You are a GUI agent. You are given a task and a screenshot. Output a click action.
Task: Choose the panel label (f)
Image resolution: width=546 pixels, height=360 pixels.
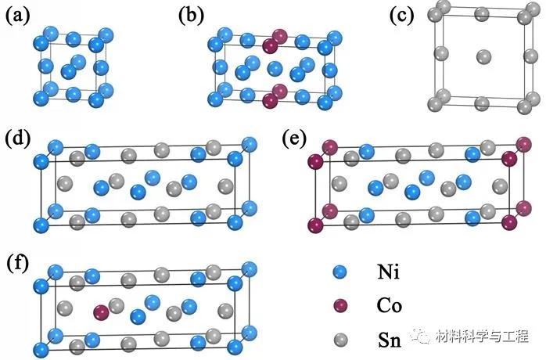[x=18, y=261]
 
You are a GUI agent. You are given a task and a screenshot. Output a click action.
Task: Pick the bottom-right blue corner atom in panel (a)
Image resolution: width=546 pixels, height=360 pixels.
[x=97, y=99]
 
